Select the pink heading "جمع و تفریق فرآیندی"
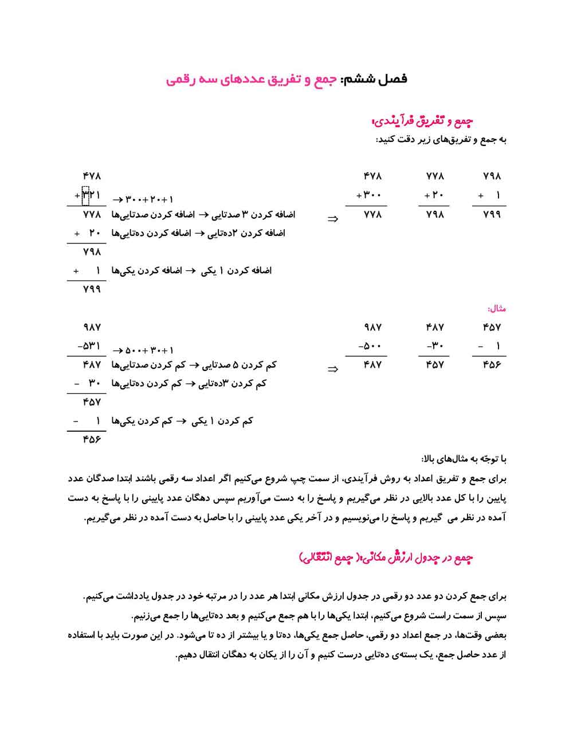click(x=423, y=121)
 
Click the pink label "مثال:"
click(x=497, y=309)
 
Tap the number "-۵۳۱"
click(x=88, y=346)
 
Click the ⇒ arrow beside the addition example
click(x=332, y=219)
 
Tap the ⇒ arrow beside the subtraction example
click(x=332, y=369)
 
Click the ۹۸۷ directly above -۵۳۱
click(x=92, y=327)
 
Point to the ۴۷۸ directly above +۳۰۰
click(x=372, y=176)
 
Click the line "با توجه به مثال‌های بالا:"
click(x=464, y=459)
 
